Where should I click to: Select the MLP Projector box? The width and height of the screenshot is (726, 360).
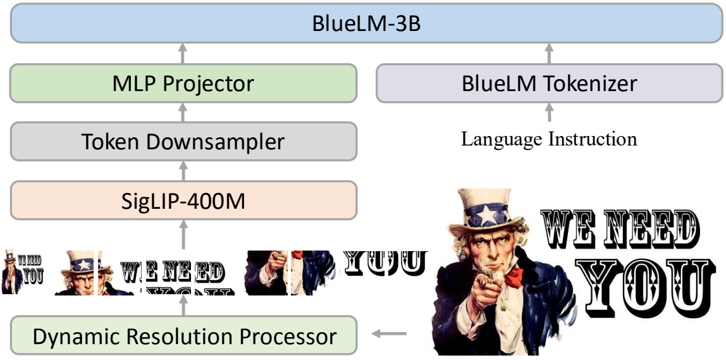click(x=183, y=84)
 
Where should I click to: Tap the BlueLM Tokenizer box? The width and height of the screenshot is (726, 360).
click(x=549, y=84)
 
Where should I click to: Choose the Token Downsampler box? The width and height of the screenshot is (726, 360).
click(x=183, y=142)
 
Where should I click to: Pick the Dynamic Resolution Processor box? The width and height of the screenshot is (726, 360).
click(x=183, y=336)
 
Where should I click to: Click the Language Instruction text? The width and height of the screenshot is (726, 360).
click(x=549, y=139)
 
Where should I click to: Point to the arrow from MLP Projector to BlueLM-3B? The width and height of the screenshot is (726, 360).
click(x=183, y=53)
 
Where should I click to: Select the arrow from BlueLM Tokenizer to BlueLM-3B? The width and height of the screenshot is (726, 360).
click(x=549, y=53)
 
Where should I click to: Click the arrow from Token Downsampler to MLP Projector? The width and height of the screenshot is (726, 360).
click(x=183, y=113)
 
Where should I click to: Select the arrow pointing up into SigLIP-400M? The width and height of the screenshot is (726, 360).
click(x=183, y=235)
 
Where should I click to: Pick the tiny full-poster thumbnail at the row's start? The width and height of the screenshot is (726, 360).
click(x=23, y=272)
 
